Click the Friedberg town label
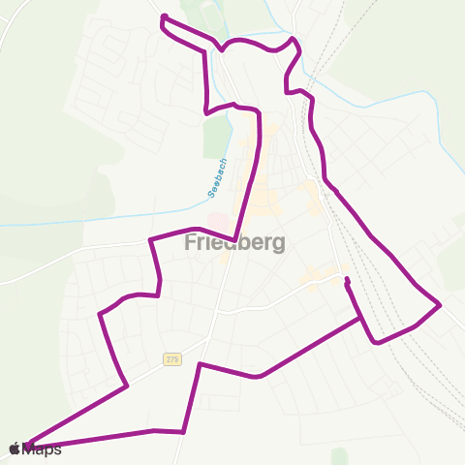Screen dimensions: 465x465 tap(234, 243)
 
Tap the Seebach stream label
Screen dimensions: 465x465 tap(217, 178)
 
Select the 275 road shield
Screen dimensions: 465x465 tap(171, 358)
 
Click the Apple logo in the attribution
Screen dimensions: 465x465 tap(15, 449)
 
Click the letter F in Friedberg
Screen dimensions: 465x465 tap(190, 243)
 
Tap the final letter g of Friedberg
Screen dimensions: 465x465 tap(278, 245)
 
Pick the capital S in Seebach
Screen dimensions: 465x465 tap(212, 195)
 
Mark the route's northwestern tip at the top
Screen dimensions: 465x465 tap(162, 16)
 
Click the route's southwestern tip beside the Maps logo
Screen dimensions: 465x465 tap(29, 446)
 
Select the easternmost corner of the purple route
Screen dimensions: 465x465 tap(441, 306)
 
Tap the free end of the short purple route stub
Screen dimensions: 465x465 tap(346, 280)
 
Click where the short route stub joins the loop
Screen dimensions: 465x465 tap(361, 317)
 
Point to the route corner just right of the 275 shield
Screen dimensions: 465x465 tap(200, 364)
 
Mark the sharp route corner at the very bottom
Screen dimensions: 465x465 tap(183, 432)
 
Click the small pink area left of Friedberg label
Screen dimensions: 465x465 tap(220, 224)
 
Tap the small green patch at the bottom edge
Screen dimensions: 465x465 tap(338, 455)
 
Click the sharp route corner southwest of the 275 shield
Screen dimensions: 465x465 tap(127, 386)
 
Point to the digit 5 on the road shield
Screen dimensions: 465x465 tap(175, 358)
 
